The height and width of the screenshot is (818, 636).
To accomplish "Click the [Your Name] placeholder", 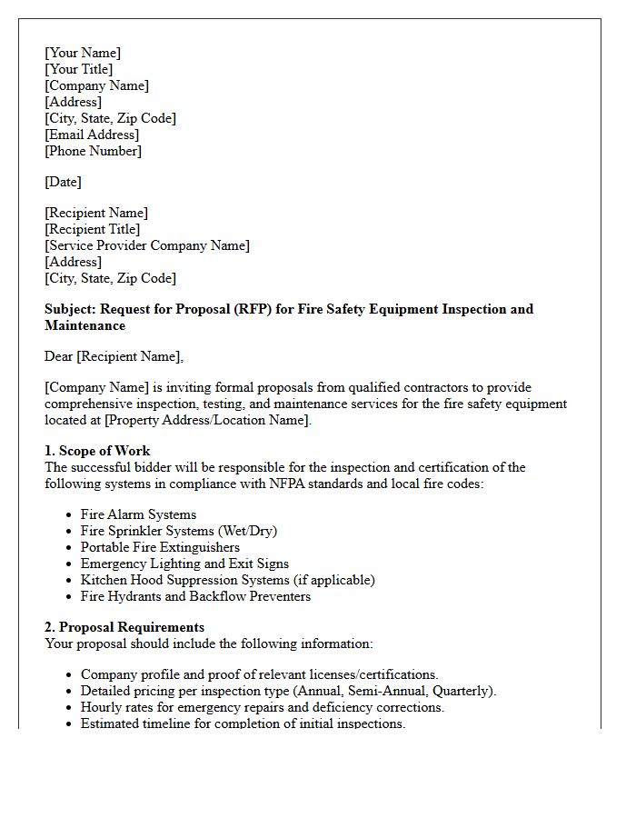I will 83,53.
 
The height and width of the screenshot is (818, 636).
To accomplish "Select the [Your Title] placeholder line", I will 79,69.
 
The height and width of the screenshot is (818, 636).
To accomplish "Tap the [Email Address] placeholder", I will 92,135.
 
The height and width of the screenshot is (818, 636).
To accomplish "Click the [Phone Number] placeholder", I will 94,151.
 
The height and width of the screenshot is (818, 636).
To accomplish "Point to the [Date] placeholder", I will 63,182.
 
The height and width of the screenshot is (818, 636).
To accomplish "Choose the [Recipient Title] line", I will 93,229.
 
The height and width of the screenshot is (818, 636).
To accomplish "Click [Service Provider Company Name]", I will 147,245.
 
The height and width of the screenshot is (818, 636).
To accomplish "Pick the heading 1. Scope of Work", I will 97,451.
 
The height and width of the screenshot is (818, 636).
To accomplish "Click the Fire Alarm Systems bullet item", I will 138,514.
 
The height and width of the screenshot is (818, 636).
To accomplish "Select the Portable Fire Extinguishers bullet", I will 160,547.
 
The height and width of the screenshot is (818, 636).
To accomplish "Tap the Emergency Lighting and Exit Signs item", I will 184,564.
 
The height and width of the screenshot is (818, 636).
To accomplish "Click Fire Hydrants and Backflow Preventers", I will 195,596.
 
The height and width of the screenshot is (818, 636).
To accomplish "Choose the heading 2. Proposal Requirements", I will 124,627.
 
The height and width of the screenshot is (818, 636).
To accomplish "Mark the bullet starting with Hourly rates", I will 262,707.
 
